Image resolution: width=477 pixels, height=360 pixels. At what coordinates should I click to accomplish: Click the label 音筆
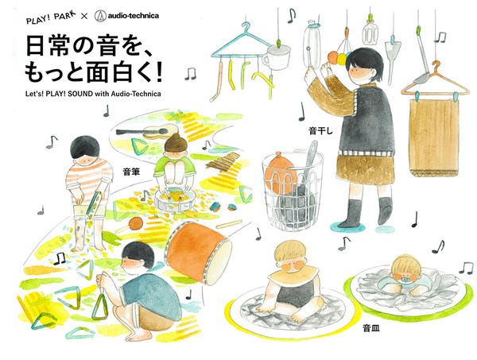(130, 171)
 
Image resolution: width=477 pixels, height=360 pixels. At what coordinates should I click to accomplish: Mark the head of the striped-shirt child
(84, 151)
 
